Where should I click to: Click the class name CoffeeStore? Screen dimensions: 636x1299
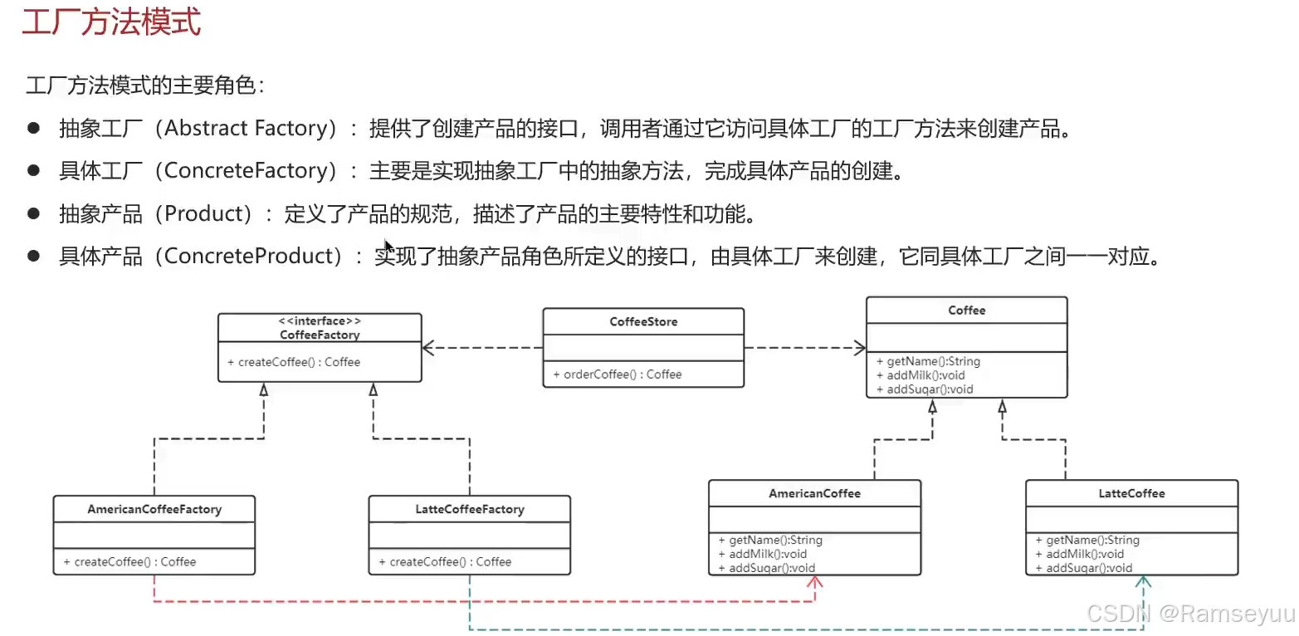[643, 322]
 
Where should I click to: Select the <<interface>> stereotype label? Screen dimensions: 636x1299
[320, 321]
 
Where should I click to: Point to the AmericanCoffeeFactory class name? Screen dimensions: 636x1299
[154, 509]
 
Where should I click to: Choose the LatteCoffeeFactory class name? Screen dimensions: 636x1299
[469, 509]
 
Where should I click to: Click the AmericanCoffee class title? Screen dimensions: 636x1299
[814, 493]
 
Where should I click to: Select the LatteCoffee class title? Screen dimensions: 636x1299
[1131, 493]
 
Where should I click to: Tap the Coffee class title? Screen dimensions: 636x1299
[967, 311]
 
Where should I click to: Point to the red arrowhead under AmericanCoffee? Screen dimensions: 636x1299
[815, 583]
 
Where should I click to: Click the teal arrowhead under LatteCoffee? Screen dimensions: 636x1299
[1144, 583]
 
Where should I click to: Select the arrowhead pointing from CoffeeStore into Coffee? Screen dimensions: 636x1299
[859, 348]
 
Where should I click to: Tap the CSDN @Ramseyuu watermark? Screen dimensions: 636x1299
[1190, 614]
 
